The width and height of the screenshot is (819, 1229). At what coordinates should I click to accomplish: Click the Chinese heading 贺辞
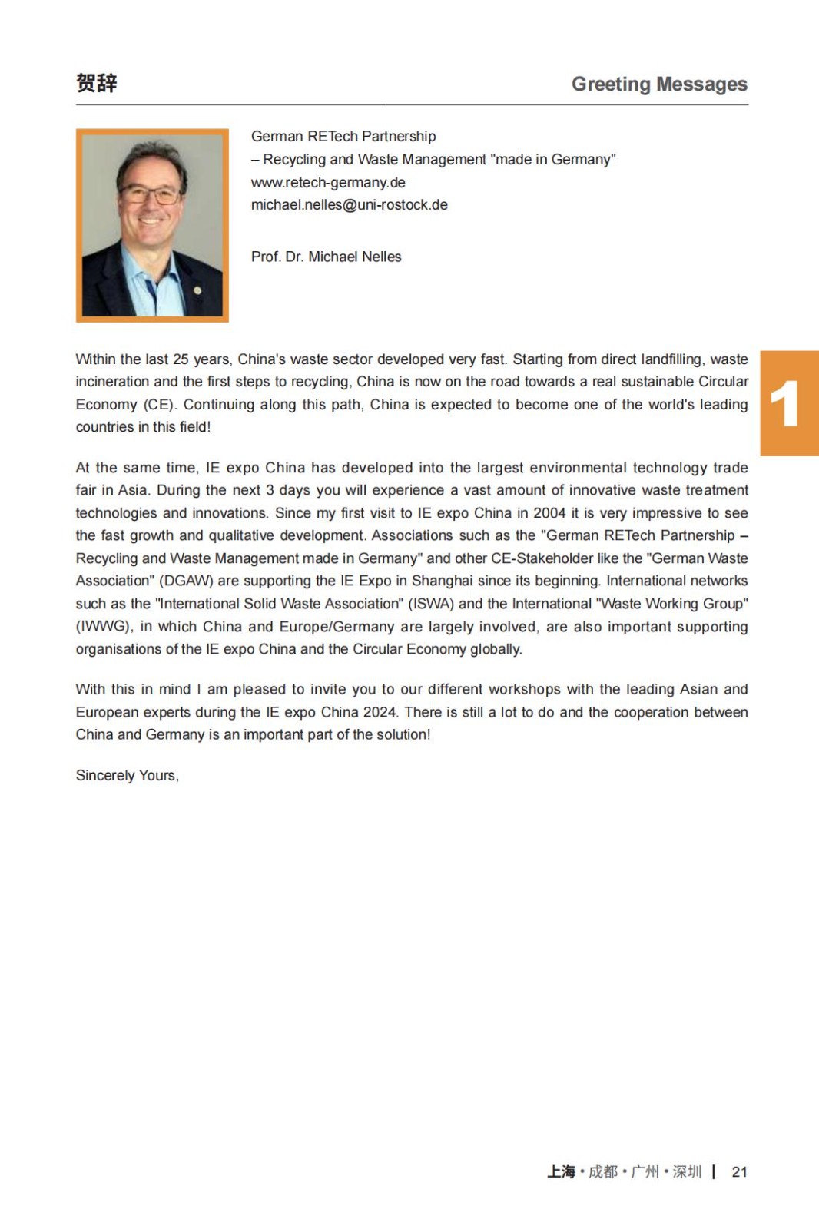pos(97,83)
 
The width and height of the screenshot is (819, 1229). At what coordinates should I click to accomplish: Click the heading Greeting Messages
pos(659,84)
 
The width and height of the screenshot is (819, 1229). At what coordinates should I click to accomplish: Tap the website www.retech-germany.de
pos(328,183)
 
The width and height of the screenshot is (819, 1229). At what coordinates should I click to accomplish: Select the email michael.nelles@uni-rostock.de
pos(349,205)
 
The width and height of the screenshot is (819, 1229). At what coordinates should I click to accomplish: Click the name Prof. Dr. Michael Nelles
pos(326,257)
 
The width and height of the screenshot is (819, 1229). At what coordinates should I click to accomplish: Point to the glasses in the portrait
pos(151,195)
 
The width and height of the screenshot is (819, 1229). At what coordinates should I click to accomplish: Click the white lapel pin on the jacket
pos(197,290)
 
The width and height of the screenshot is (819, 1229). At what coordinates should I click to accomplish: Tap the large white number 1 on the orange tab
pos(784,404)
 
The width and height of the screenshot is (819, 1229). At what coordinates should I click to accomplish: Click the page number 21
pos(739,1171)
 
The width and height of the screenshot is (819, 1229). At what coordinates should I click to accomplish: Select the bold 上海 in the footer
pos(561,1171)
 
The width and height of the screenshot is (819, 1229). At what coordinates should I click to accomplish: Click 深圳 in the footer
pos(687,1171)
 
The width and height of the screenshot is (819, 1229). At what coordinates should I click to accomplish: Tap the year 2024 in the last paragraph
pos(380,712)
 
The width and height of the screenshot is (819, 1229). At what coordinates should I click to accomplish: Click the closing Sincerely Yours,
pos(127,775)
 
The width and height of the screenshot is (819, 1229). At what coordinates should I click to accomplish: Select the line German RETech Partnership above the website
pos(343,137)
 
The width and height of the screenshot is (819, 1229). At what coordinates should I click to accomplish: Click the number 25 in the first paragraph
pos(181,359)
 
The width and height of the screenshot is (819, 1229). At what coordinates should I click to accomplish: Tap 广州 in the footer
pos(645,1171)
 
